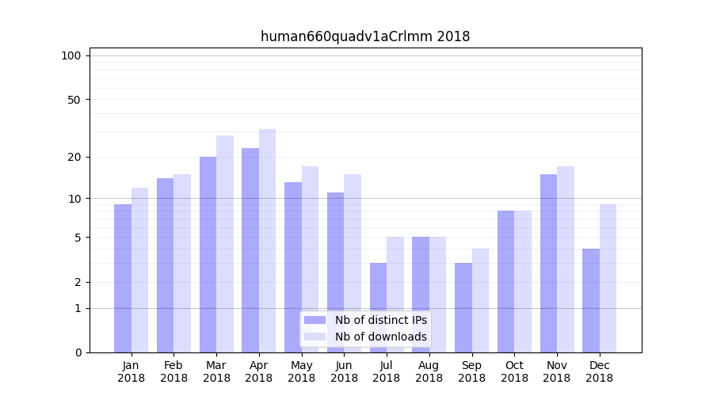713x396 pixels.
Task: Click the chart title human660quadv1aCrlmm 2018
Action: pos(365,36)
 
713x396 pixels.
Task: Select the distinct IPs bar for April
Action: pos(250,249)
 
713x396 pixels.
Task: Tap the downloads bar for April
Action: pos(267,240)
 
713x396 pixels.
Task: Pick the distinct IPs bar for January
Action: pos(123,278)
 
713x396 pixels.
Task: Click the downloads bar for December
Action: pos(608,278)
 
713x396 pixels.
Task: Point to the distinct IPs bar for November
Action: pos(548,263)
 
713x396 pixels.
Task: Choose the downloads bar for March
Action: pos(225,243)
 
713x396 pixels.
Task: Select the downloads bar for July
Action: pos(395,295)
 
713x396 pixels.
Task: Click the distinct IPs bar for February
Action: pos(165,265)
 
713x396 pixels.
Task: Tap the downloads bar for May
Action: pos(310,259)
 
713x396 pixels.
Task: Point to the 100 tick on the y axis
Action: pos(71,55)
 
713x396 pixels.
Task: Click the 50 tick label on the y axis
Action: pos(74,100)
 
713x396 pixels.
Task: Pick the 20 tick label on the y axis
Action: pos(74,157)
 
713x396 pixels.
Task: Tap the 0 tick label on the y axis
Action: pos(78,352)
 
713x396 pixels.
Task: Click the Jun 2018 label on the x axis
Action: pos(344,371)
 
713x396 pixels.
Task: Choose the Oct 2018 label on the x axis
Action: pos(514,371)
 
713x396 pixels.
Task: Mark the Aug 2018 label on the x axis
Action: pos(429,371)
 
